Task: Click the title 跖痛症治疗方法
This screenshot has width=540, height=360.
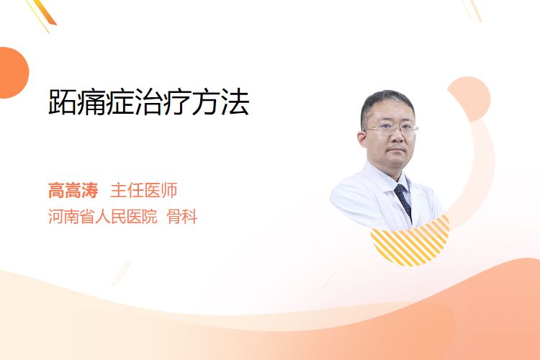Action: click(149, 102)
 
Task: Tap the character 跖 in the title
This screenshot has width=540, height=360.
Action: click(63, 102)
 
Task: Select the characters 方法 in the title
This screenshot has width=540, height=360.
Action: click(221, 102)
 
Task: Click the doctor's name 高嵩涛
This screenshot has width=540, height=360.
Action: click(73, 191)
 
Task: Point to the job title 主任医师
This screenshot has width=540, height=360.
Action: click(143, 191)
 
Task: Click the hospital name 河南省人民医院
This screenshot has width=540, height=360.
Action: click(103, 217)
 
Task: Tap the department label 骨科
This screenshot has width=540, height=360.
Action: click(182, 217)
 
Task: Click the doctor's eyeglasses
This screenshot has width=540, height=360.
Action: click(391, 130)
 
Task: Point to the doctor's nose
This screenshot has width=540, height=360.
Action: click(397, 136)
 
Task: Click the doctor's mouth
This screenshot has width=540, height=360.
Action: click(397, 150)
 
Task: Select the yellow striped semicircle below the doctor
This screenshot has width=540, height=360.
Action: click(412, 243)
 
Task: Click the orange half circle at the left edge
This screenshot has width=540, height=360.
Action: click(13, 73)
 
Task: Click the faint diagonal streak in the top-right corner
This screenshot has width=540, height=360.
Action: click(472, 10)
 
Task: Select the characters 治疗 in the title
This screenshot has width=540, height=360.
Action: click(163, 102)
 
